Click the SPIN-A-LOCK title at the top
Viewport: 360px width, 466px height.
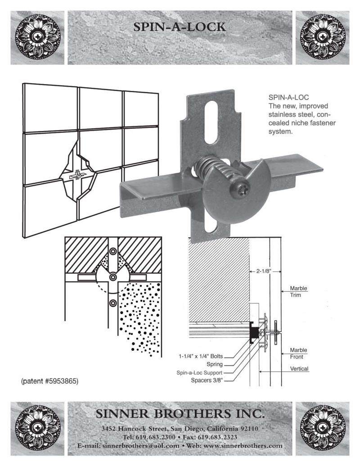point(180,27)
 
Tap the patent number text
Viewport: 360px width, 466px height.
point(50,381)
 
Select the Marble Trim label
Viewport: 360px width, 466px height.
point(298,292)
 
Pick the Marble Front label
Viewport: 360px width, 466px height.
point(298,353)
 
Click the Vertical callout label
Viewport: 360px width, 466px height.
point(299,369)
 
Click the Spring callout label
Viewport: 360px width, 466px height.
point(214,364)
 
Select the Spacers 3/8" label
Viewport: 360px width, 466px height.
point(206,380)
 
